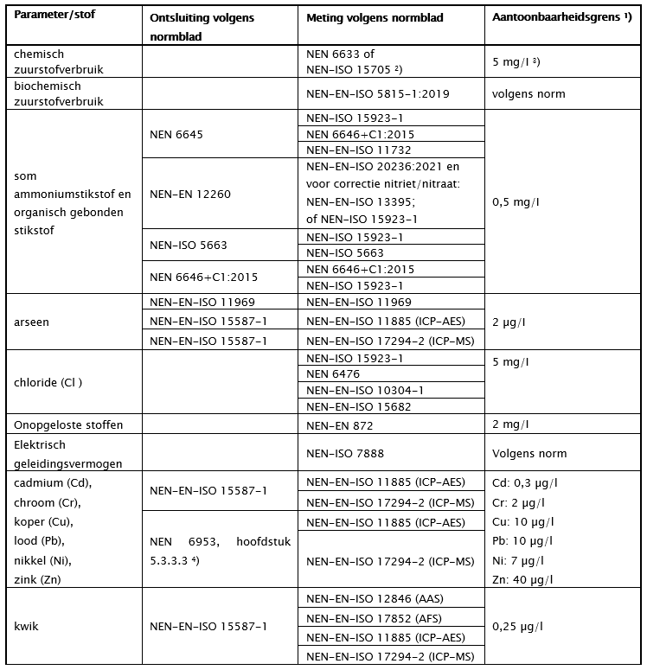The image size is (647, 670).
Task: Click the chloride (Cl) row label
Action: pyautogui.click(x=54, y=382)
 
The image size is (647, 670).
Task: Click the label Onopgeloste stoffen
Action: pyautogui.click(x=61, y=424)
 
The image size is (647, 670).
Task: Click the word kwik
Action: pyautogui.click(x=28, y=625)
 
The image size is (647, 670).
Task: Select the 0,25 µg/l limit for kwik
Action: pyautogui.click(x=517, y=625)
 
